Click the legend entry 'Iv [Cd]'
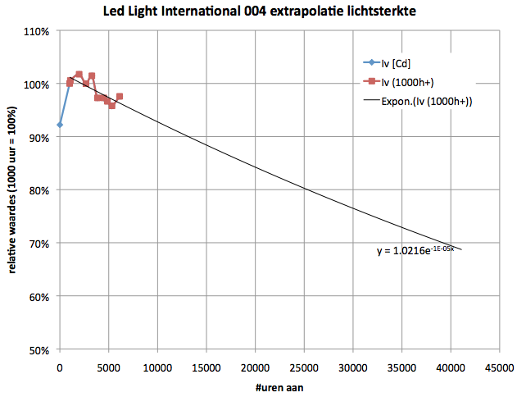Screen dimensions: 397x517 [395, 62]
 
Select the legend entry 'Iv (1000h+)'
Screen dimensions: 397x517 [408, 81]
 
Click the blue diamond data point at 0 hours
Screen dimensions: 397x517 [60, 125]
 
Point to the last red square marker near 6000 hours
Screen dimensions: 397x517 [120, 97]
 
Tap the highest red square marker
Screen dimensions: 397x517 [79, 75]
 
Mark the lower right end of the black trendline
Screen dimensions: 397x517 [461, 249]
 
